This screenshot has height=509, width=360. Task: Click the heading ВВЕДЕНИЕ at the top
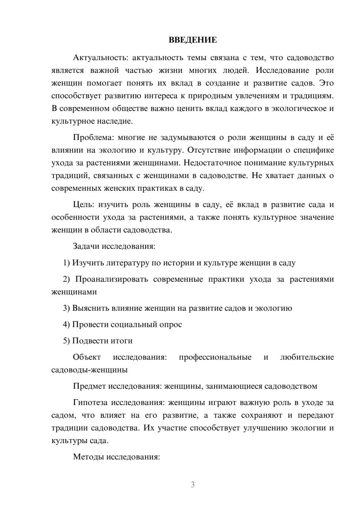click(193, 40)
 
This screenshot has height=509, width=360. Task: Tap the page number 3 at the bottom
click(193, 485)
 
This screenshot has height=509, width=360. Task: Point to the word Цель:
click(84, 205)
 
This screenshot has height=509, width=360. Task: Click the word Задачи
click(86, 247)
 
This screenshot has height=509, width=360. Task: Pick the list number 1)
click(67, 263)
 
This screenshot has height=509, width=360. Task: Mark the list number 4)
click(67, 324)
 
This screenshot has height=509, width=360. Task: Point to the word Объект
click(87, 357)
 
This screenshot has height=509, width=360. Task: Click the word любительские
click(307, 357)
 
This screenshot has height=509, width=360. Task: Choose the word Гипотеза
click(91, 403)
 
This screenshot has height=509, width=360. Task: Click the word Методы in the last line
click(87, 457)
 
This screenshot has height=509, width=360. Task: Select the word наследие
click(115, 121)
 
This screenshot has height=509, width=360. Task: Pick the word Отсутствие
click(208, 150)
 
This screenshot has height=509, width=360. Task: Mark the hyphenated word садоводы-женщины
click(90, 370)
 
